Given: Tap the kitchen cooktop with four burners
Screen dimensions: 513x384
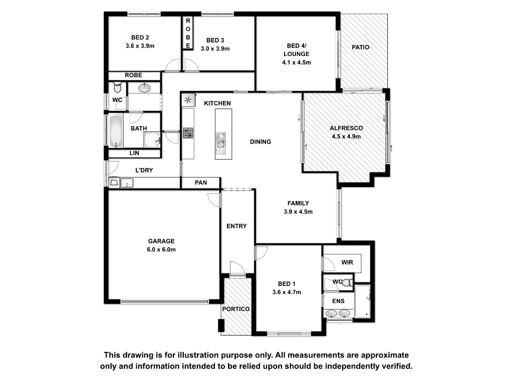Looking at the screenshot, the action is (188, 132).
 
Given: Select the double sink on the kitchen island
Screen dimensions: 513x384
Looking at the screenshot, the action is (221, 143).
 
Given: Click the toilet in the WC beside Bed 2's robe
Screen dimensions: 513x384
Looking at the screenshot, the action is (118, 87).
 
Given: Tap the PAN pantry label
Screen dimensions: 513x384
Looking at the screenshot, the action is (201, 182).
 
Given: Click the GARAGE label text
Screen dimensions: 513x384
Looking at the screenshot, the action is (161, 241).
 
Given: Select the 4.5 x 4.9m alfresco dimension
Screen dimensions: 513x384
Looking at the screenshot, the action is (346, 136).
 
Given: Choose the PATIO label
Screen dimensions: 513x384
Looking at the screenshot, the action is (361, 47).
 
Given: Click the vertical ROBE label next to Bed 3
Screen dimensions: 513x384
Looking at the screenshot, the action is (188, 33).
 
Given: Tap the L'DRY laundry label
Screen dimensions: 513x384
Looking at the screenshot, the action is (144, 170).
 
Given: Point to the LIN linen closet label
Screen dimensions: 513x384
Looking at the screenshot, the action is (134, 153).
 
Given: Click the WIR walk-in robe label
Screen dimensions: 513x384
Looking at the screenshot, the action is (347, 262).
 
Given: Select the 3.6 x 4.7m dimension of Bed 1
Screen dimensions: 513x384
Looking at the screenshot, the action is (287, 292).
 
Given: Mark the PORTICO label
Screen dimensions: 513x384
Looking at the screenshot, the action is (236, 309).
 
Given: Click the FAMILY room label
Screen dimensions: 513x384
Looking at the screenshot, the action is (298, 203).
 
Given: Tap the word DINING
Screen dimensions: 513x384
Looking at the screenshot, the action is (261, 141).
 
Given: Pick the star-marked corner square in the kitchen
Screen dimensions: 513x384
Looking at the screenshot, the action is (188, 100).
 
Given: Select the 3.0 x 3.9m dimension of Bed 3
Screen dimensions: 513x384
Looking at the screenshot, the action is (215, 48).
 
